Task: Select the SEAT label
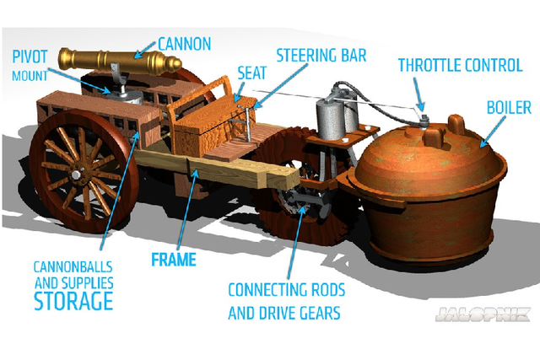252,74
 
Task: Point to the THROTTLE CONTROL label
460,65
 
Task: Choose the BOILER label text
509,108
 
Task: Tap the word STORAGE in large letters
73,300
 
